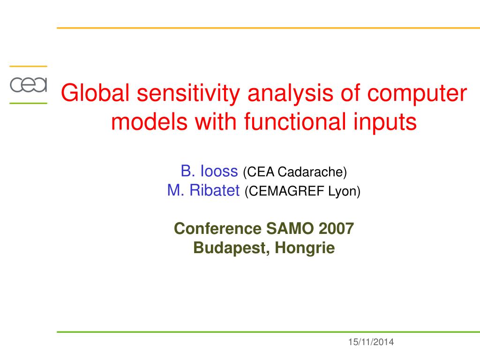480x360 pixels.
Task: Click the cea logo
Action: click(29, 85)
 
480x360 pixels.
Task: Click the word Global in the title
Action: click(95, 92)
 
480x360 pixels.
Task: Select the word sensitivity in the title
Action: click(188, 94)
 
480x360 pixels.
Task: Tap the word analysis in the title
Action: click(290, 94)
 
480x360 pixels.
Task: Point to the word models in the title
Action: click(149, 121)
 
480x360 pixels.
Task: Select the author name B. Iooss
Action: click(209, 171)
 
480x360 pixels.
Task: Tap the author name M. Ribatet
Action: click(203, 190)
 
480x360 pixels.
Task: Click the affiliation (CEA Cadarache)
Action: click(295, 172)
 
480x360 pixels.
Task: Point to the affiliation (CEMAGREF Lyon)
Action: click(302, 191)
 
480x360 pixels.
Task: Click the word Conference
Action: click(217, 228)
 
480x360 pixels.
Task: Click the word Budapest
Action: click(232, 248)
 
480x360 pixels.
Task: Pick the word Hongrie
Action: click(305, 248)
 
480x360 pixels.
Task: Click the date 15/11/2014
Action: click(371, 342)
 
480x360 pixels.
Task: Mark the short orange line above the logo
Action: click(28, 66)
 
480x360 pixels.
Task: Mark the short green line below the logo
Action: click(28, 103)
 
